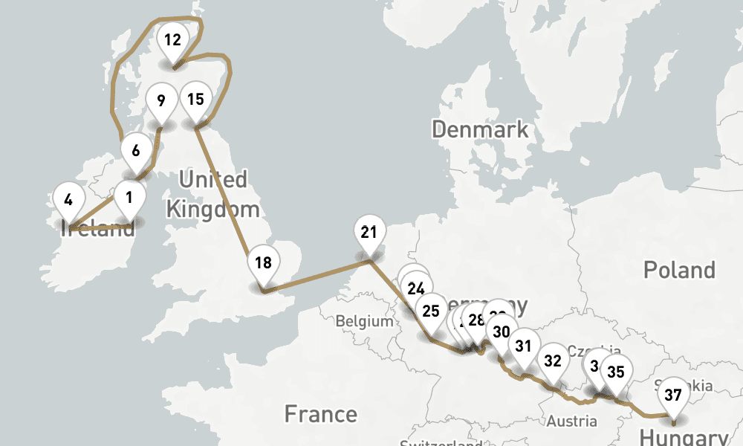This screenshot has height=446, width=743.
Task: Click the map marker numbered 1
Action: [x=129, y=198]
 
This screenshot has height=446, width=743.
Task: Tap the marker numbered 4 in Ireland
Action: [x=69, y=200]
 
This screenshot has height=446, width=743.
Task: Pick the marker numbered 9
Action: [x=161, y=100]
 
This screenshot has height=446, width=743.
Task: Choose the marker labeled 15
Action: [x=195, y=100]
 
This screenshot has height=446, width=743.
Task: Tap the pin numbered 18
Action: [x=263, y=262]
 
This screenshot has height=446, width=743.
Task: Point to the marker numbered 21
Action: [x=369, y=232]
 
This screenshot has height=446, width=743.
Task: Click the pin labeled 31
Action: [x=524, y=346]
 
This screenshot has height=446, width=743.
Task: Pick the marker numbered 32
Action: [x=553, y=361]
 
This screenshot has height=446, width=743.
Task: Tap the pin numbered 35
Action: [x=616, y=372]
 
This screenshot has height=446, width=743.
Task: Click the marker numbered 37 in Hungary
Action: [x=673, y=395]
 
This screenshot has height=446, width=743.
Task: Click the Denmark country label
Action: [x=480, y=129]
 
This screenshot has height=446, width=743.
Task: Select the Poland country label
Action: [x=679, y=269]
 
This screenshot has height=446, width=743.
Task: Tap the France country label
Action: [x=321, y=413]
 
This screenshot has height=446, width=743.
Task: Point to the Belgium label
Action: [x=364, y=322]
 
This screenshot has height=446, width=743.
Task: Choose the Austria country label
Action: [x=572, y=421]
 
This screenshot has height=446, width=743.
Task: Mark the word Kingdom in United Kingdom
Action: [x=212, y=209]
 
